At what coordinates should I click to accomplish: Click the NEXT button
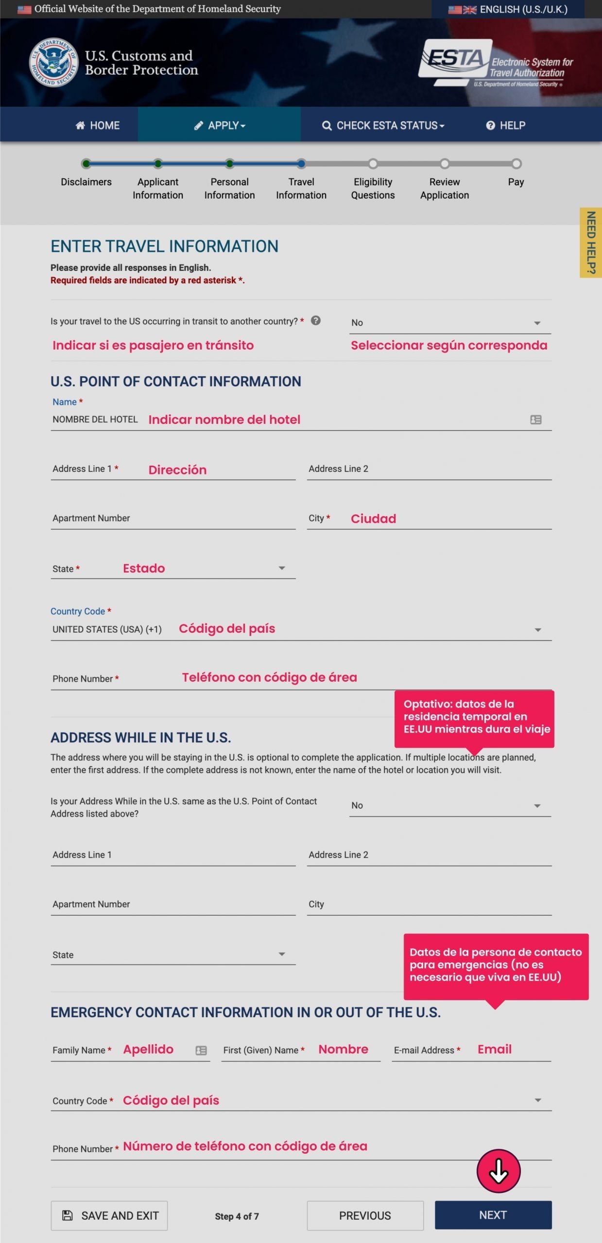[493, 1215]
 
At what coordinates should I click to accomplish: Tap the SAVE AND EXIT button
[109, 1215]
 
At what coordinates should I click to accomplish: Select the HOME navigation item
[98, 125]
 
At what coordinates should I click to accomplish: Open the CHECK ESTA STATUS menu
[383, 125]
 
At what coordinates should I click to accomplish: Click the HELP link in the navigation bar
[506, 125]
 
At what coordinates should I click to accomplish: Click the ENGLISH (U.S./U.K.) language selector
[508, 9]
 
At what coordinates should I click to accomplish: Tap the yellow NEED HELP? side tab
[591, 242]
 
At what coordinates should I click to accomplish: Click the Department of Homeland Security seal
[53, 62]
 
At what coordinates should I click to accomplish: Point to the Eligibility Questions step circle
[373, 164]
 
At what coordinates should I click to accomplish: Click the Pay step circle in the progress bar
[516, 164]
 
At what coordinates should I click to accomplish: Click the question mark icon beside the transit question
[316, 320]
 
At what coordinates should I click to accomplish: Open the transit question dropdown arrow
[537, 323]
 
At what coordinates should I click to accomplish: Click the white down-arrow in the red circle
[499, 1171]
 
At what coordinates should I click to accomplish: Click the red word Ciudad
[373, 519]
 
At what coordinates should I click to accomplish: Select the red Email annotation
[494, 1049]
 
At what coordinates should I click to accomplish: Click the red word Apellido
[148, 1049]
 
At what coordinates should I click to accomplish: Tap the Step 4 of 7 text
[237, 1216]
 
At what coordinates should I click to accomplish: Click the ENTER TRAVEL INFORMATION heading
[164, 246]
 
